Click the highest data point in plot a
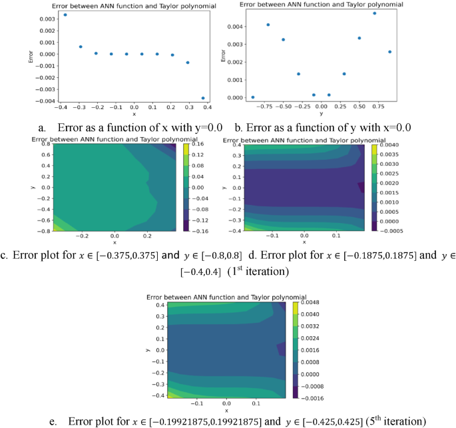[x=65, y=14]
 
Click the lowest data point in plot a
[x=203, y=98]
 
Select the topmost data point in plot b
[x=375, y=13]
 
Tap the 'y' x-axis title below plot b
[x=322, y=113]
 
